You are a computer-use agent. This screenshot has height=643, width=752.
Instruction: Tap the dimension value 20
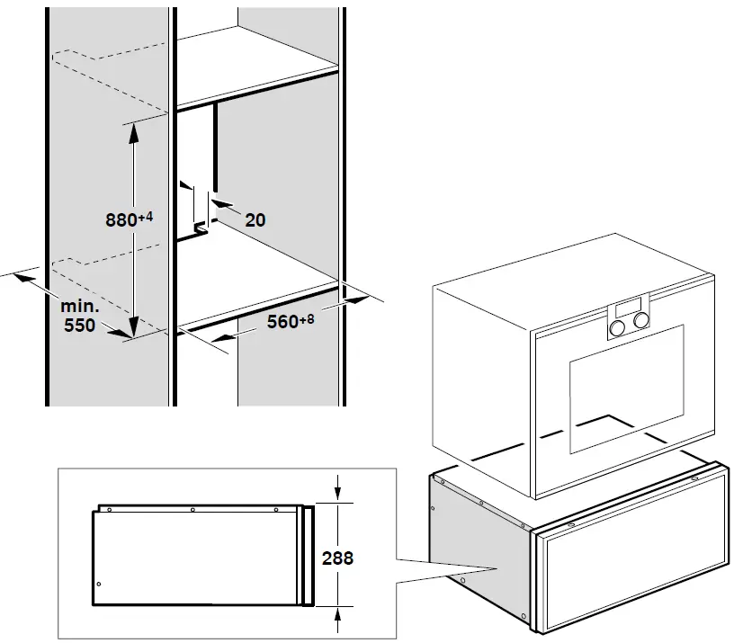click(x=255, y=219)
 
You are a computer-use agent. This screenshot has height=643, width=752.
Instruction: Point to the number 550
click(x=80, y=326)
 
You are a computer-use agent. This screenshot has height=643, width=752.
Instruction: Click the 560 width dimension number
click(x=282, y=322)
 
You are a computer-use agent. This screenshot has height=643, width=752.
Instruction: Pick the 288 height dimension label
click(x=337, y=558)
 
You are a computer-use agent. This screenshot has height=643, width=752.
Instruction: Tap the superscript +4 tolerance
click(x=148, y=215)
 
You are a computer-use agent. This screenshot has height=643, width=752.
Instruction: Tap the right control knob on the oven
click(x=641, y=318)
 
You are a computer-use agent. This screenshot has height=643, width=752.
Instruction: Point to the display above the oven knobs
click(x=631, y=303)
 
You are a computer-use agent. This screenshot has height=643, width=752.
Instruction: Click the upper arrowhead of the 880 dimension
click(x=134, y=129)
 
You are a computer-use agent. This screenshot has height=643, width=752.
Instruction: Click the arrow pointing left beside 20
click(x=222, y=209)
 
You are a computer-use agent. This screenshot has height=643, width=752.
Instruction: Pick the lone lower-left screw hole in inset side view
click(x=99, y=584)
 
